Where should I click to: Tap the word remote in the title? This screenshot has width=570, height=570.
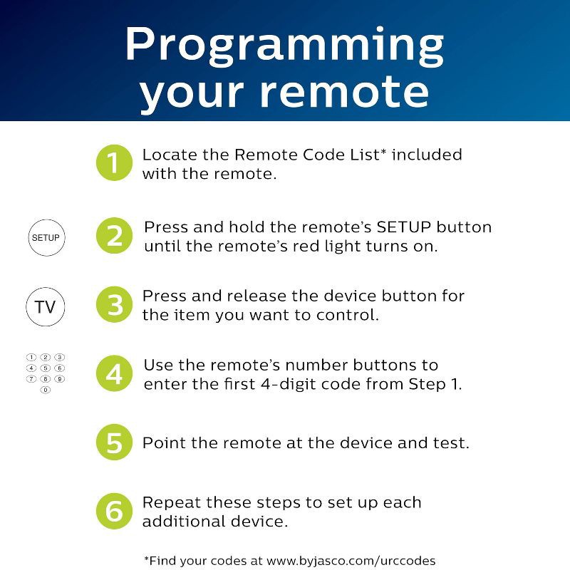click(x=345, y=93)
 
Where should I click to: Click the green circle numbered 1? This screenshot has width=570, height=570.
click(x=114, y=163)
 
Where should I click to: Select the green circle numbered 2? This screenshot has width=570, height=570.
click(x=114, y=236)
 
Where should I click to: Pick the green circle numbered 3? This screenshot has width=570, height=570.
click(x=114, y=305)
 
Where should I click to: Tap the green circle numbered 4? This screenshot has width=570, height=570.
click(x=114, y=373)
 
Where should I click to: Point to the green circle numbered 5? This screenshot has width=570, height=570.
click(x=114, y=442)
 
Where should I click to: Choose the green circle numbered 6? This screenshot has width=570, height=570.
click(x=114, y=511)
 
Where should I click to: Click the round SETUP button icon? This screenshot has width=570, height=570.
click(x=46, y=237)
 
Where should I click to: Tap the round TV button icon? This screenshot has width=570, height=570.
click(x=46, y=307)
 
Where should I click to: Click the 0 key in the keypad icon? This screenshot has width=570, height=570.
click(x=46, y=390)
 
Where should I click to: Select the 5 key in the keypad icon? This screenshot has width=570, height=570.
click(x=46, y=368)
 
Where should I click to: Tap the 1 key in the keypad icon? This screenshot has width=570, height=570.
click(x=31, y=357)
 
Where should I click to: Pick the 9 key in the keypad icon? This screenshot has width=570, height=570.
click(x=60, y=379)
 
